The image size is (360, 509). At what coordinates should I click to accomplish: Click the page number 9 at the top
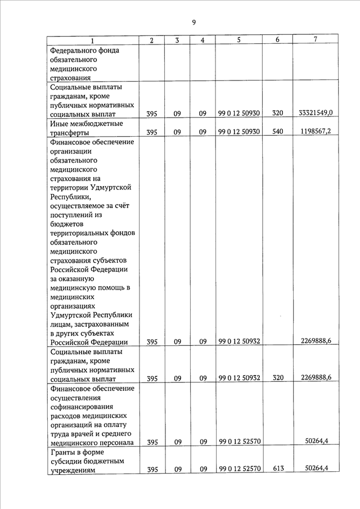click(193, 22)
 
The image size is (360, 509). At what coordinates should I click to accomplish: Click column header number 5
click(238, 40)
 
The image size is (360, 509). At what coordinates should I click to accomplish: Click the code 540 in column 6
click(277, 133)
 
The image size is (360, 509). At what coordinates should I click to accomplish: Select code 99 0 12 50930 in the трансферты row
click(238, 133)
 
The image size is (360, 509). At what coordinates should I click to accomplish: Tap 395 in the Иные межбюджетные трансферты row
click(152, 133)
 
